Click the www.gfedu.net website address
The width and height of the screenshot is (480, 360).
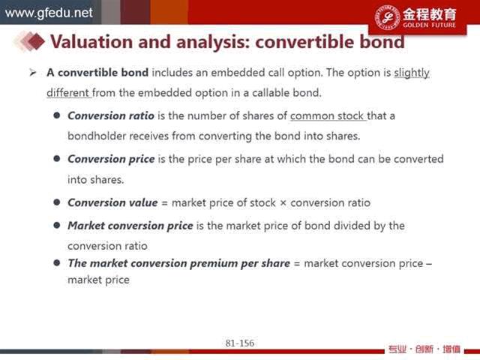pyautogui.click(x=49, y=13)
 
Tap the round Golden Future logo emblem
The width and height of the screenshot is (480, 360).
pyautogui.click(x=388, y=17)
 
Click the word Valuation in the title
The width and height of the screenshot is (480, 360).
pyautogui.click(x=91, y=42)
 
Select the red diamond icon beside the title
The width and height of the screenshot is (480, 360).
pyautogui.click(x=36, y=41)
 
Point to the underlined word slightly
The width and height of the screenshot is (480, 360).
pyautogui.click(x=412, y=73)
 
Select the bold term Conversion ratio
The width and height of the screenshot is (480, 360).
pyautogui.click(x=111, y=115)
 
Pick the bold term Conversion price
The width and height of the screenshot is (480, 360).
pyautogui.click(x=111, y=159)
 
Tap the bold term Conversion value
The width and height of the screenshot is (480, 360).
pyautogui.click(x=112, y=202)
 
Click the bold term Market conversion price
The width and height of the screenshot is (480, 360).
pyautogui.click(x=130, y=226)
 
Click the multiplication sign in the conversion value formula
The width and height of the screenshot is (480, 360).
pyautogui.click(x=283, y=203)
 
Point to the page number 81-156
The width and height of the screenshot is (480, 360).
pyautogui.click(x=240, y=343)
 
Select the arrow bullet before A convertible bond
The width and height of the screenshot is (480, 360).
pyautogui.click(x=33, y=73)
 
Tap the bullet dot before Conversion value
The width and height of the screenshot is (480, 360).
pyautogui.click(x=57, y=202)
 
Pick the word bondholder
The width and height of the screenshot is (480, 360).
pyautogui.click(x=97, y=136)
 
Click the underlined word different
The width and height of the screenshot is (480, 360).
pyautogui.click(x=67, y=93)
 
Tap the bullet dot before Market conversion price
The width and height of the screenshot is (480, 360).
pyautogui.click(x=57, y=225)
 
